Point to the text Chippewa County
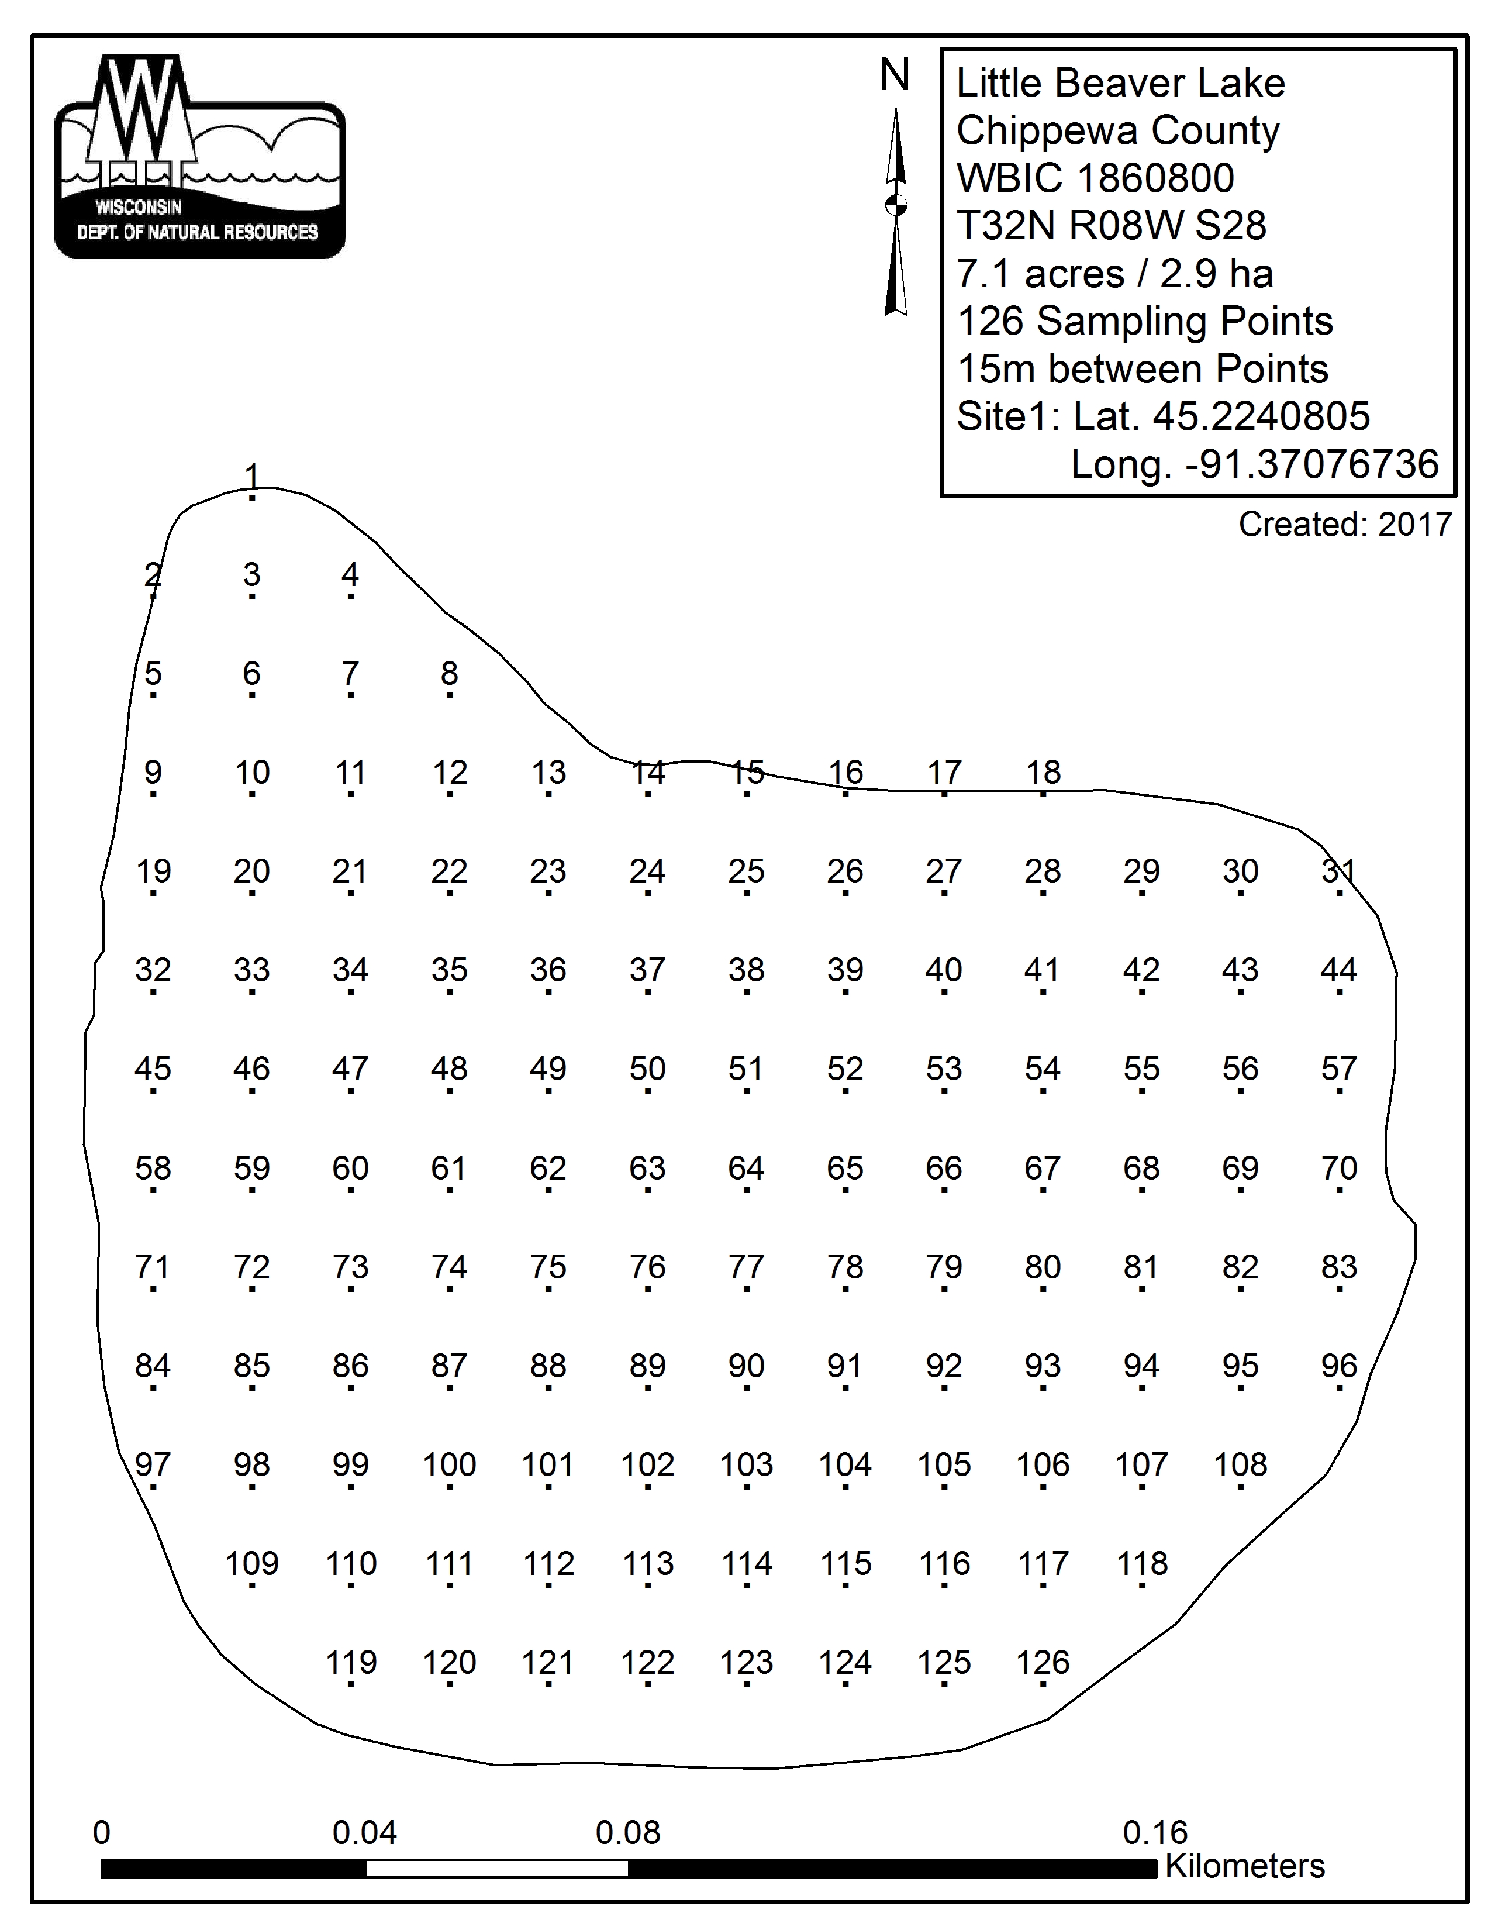(x=1117, y=131)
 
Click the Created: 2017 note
(x=1344, y=525)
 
